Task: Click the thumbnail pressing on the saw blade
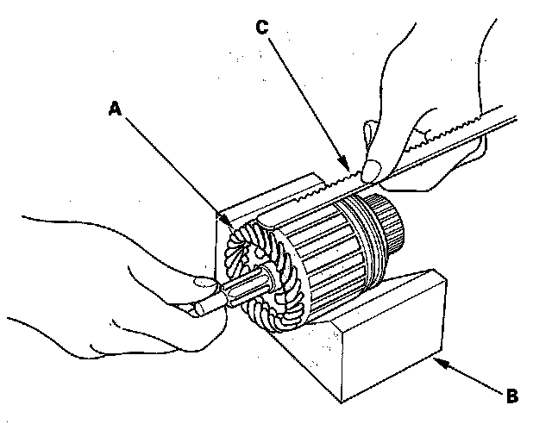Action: point(374,170)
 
